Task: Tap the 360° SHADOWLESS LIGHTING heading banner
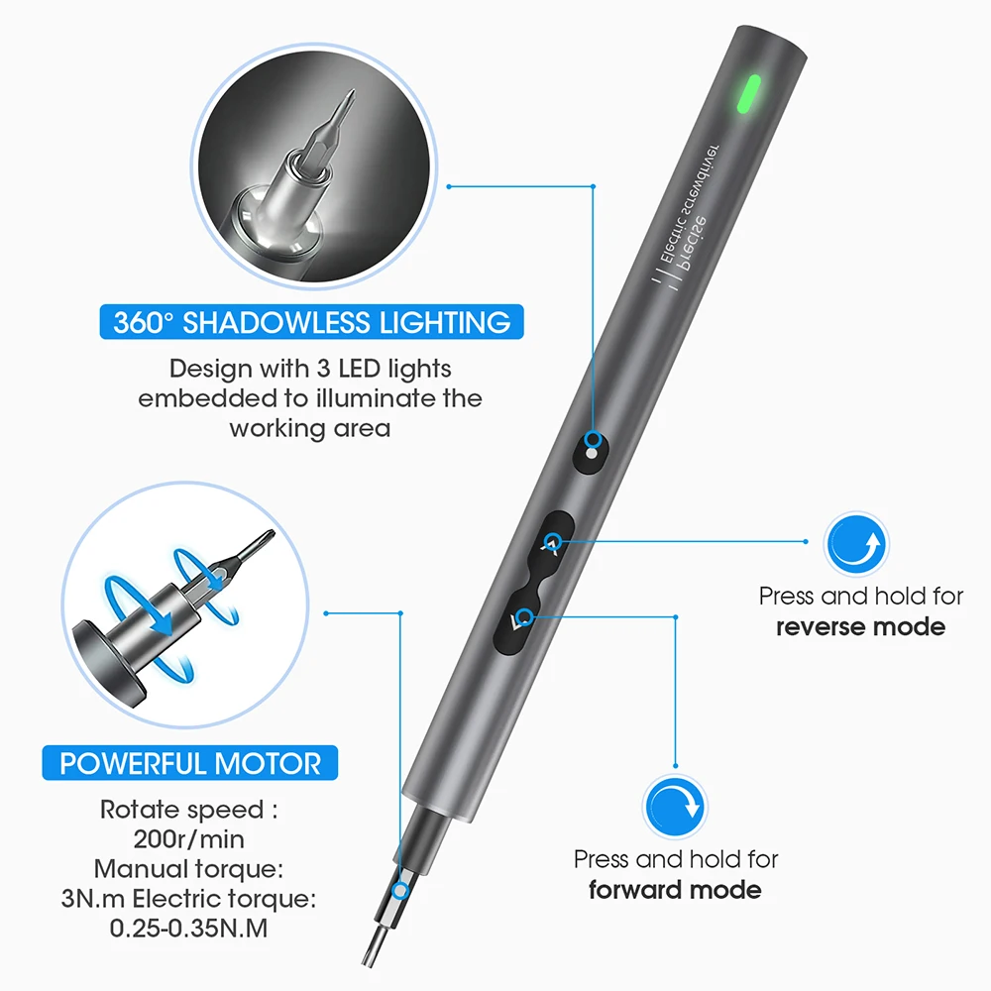click(x=311, y=323)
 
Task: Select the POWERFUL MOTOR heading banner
click(x=190, y=764)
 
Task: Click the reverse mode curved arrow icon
click(x=856, y=545)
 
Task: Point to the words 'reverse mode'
click(x=860, y=626)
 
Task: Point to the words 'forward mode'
click(x=675, y=889)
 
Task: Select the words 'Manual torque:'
click(x=189, y=869)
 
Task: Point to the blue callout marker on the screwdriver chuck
click(x=402, y=890)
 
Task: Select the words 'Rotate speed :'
click(x=188, y=809)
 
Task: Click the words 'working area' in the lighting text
click(x=310, y=428)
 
